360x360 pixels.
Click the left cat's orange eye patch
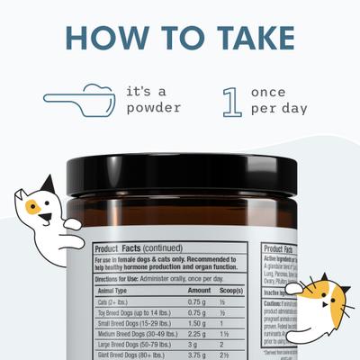[x=33, y=206]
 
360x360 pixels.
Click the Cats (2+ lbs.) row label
[x=118, y=301]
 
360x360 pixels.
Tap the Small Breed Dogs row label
[x=131, y=323]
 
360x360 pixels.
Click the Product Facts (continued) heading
[x=139, y=249]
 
